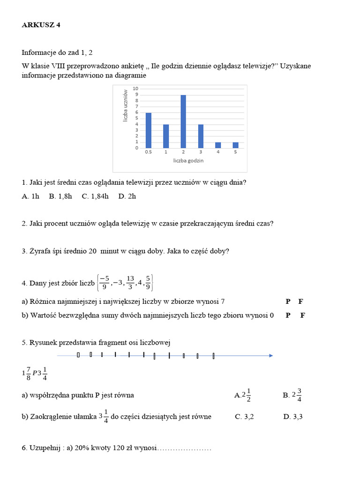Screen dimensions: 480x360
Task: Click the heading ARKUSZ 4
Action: click(41, 25)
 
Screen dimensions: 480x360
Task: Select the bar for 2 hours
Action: click(183, 121)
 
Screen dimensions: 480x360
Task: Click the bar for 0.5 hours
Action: click(149, 130)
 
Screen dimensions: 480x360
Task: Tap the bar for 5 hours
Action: click(235, 145)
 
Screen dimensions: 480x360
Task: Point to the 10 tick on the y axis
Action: click(135, 89)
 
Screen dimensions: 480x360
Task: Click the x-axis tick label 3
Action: click(201, 152)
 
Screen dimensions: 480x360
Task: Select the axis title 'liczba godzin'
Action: click(187, 161)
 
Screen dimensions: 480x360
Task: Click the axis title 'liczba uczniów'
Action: click(125, 106)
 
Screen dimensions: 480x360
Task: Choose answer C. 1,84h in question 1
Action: click(95, 196)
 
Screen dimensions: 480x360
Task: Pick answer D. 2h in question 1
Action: click(127, 196)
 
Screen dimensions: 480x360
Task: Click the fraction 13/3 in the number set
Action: click(130, 283)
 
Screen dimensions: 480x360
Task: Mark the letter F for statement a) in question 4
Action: click(302, 301)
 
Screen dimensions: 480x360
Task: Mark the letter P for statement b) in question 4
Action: click(288, 315)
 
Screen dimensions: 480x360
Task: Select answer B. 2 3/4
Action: click(292, 395)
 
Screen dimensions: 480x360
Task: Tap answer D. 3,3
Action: click(293, 417)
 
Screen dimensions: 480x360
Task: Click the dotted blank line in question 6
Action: click(184, 448)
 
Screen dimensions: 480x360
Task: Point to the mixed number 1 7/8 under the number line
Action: click(27, 373)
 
